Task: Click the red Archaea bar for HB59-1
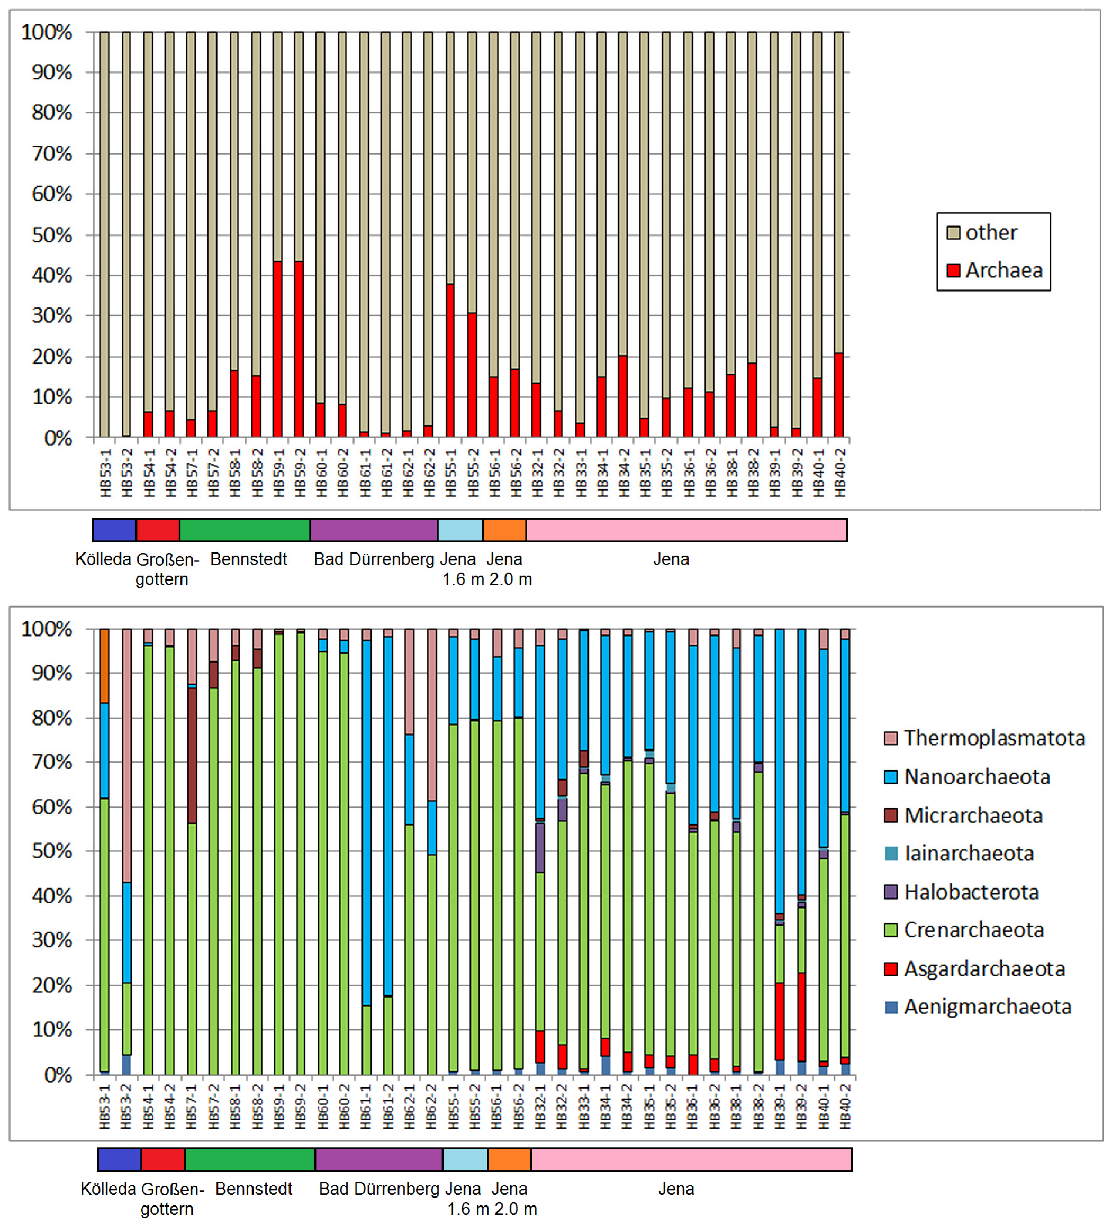click(277, 349)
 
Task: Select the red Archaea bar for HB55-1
click(450, 361)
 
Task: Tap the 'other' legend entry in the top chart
click(990, 232)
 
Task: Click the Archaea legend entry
click(1002, 270)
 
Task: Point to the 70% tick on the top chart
click(52, 153)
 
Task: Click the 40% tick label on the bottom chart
click(52, 895)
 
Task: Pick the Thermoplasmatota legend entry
click(993, 738)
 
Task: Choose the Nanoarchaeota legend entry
click(976, 776)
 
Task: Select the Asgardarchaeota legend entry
click(984, 968)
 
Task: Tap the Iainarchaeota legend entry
click(968, 853)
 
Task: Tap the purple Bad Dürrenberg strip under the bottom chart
click(378, 1159)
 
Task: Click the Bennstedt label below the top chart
click(248, 559)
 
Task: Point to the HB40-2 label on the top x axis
click(839, 473)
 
